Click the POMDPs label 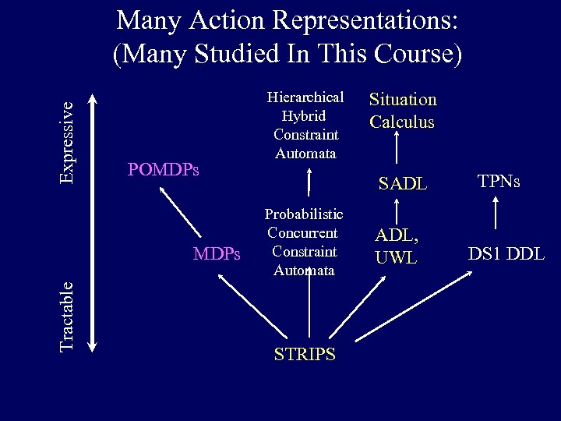point(163,169)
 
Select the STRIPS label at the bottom point(305,354)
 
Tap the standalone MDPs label point(217,253)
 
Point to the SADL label point(402,184)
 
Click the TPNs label point(499,182)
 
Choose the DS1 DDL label point(506,253)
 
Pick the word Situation point(403,100)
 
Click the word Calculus point(402,122)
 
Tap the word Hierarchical point(305,97)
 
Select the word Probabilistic point(304,214)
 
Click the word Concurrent point(302,232)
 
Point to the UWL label point(397,257)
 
